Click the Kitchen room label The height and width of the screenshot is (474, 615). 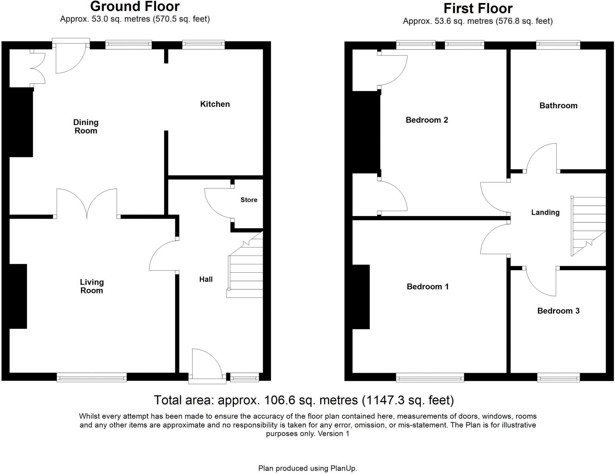pos(215,104)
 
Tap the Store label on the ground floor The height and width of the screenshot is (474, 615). pos(249,200)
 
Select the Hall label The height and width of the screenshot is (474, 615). pos(206,279)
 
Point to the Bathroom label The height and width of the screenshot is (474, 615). pos(558,106)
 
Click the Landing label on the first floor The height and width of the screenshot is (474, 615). pos(545,212)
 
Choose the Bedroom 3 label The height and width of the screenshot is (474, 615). pos(558,311)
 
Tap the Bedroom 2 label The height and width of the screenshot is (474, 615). pos(427,120)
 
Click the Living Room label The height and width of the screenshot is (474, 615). pos(92,286)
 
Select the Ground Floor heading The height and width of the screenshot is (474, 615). pos(135,6)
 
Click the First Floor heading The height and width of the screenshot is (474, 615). pos(478,8)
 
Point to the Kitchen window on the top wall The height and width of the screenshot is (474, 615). pos(203,45)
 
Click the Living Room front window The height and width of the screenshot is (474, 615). pos(92,377)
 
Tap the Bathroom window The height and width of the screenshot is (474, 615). pos(558,45)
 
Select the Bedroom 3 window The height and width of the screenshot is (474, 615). pos(558,377)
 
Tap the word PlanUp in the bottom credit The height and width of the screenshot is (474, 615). pos(343,468)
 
